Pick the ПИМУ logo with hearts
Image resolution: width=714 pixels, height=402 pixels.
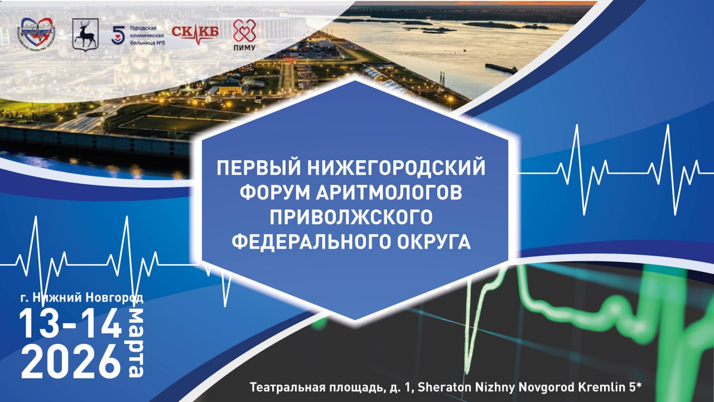tap(244, 35)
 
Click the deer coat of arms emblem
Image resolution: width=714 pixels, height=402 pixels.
tap(85, 35)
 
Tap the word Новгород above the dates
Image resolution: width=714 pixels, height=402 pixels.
tap(118, 298)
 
